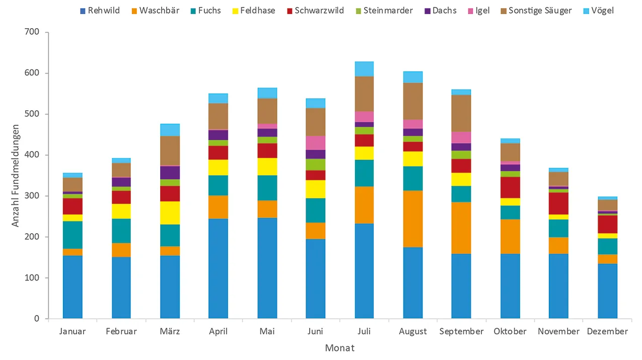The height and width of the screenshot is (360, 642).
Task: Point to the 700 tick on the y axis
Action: point(32,33)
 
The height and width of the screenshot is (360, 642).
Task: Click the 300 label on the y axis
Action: point(32,196)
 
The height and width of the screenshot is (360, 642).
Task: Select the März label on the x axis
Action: point(170,331)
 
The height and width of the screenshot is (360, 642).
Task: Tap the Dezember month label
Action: point(607,331)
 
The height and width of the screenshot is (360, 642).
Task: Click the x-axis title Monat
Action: point(339,348)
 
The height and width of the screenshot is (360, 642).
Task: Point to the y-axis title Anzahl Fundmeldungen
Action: point(16,175)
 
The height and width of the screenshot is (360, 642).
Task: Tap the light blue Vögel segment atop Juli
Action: point(364,69)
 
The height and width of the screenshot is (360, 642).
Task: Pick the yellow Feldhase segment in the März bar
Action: point(170,213)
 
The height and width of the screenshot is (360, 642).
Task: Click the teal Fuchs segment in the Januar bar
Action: point(73,235)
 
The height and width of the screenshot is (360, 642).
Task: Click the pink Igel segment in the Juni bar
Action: point(316,142)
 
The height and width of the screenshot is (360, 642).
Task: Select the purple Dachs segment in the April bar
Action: point(218,135)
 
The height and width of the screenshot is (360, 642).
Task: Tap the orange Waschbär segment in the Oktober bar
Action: point(510,237)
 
